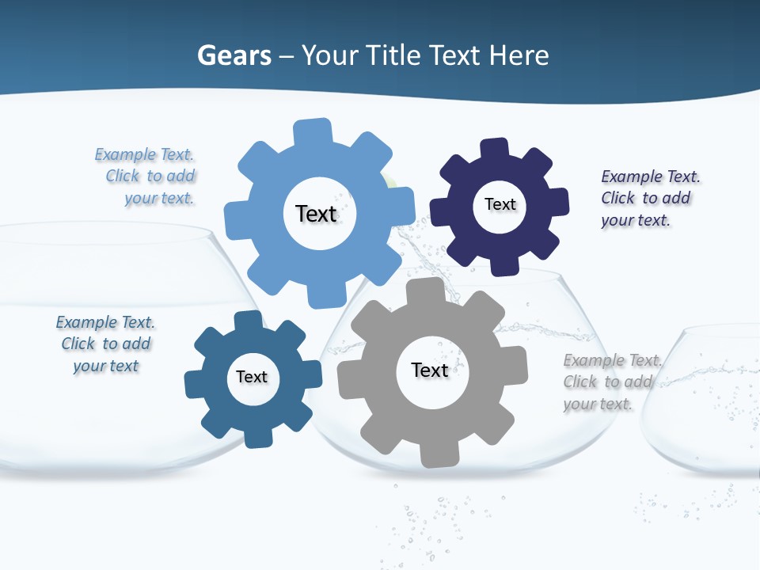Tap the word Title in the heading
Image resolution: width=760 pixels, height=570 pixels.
click(394, 55)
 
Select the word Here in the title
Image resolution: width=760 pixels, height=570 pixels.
click(519, 55)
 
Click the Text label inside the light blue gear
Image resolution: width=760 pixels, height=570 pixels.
click(316, 214)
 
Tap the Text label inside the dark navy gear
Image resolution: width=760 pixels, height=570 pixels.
click(500, 204)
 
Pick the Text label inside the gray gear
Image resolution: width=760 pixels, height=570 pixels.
click(430, 370)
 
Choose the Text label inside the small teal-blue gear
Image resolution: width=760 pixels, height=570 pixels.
click(252, 377)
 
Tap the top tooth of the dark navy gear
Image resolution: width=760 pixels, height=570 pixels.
click(495, 149)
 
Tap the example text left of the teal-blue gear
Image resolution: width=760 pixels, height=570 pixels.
click(105, 344)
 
